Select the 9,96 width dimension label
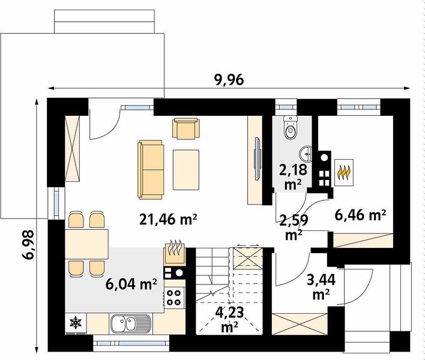coord(229,80)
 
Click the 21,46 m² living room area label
coord(167,219)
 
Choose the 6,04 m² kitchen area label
coord(131,284)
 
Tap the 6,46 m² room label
coord(360,215)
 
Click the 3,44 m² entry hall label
coord(321,287)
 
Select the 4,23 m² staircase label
coord(229,320)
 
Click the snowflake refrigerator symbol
coord(76,323)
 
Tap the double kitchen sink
coord(130,323)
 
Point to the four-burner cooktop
coord(173,298)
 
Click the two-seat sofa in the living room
coord(151,170)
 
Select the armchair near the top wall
coord(186,128)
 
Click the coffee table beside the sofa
coord(186,170)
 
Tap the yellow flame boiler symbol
coord(344,172)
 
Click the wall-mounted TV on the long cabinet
coord(257,159)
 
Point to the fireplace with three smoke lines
coord(175,253)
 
